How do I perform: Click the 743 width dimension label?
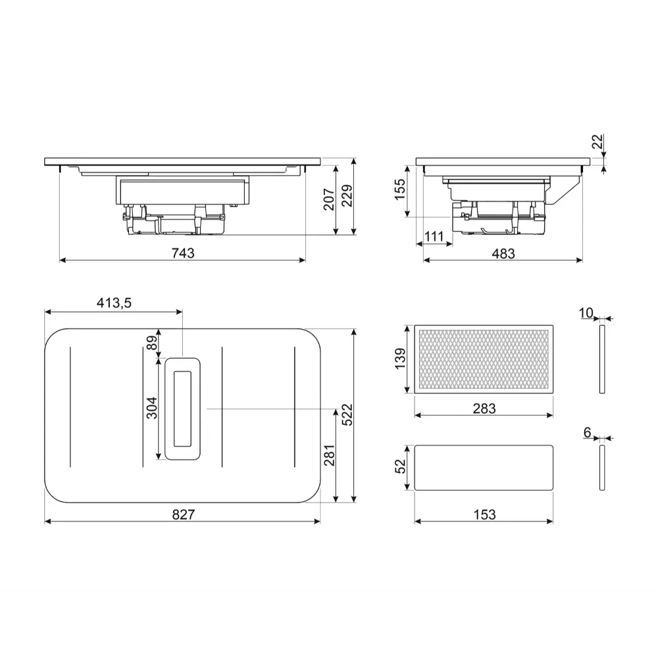tap(183, 253)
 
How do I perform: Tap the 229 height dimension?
tap(347, 195)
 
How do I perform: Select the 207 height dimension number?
tap(329, 199)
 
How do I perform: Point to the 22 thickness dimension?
tap(597, 141)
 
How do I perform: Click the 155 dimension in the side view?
tap(400, 190)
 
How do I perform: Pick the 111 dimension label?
tap(434, 237)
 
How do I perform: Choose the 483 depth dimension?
tap(503, 253)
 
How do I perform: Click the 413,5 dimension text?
tap(114, 303)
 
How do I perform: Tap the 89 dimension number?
tap(152, 342)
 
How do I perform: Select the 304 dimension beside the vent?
tap(151, 408)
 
